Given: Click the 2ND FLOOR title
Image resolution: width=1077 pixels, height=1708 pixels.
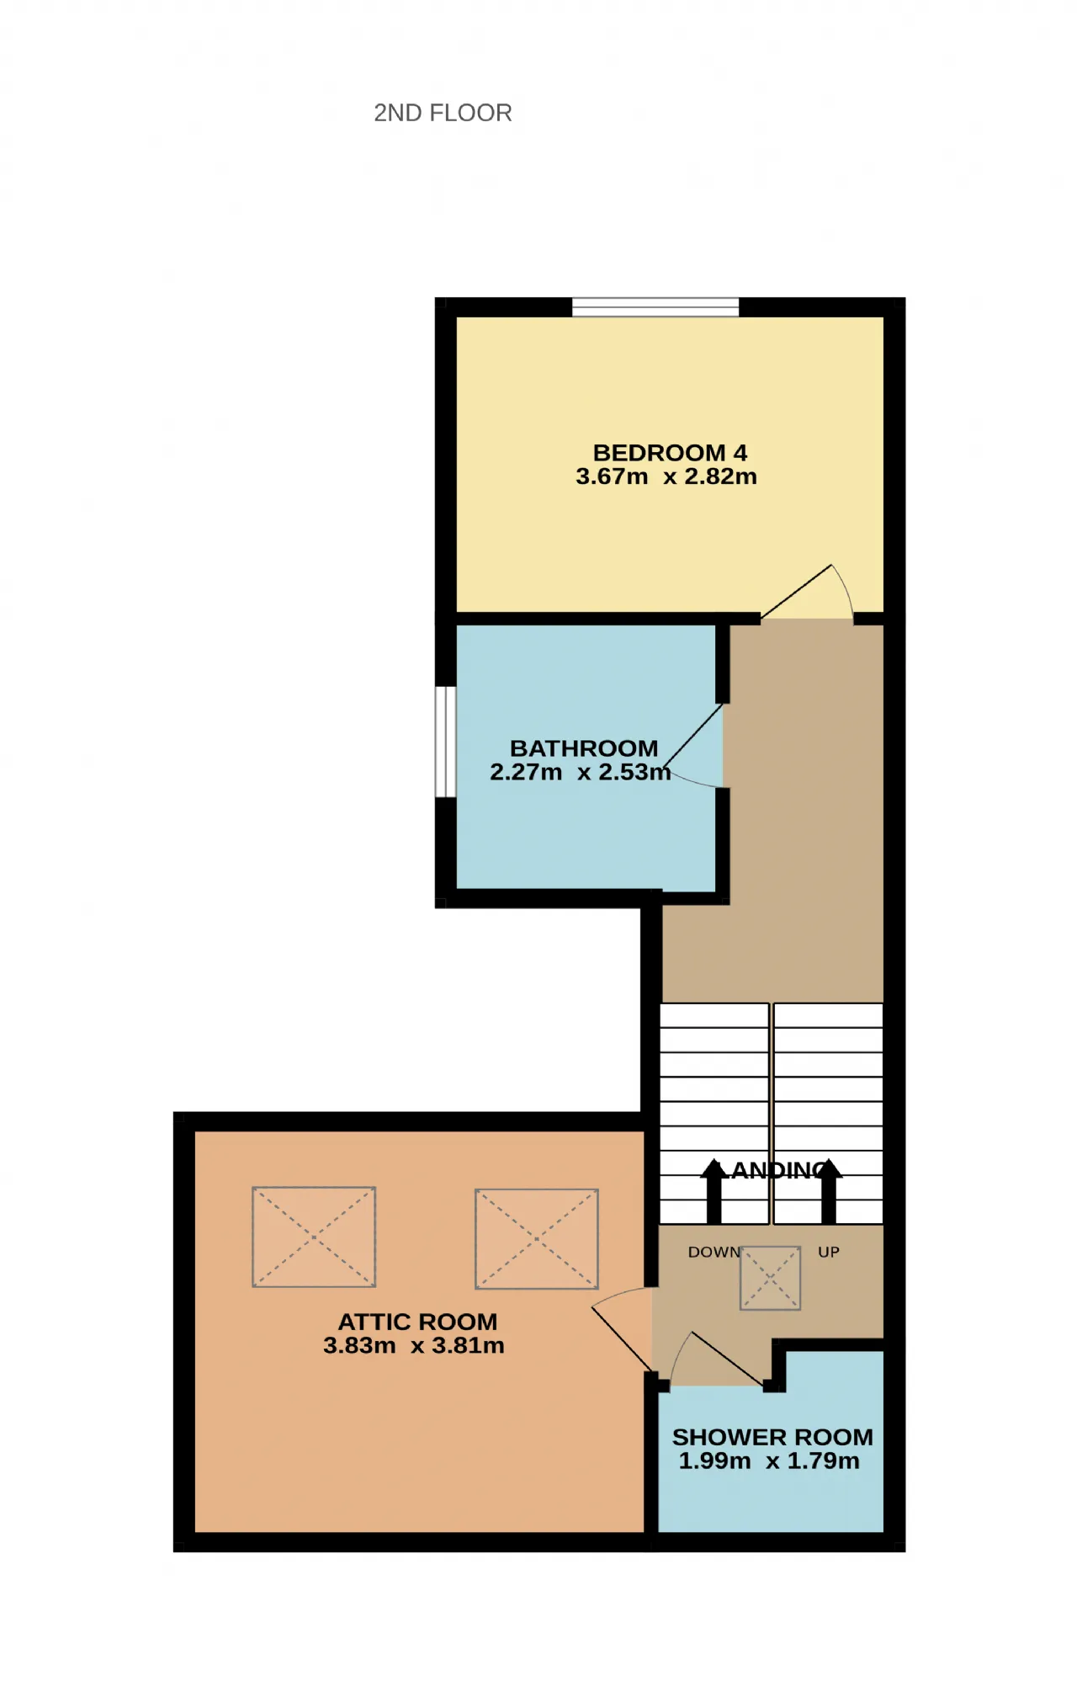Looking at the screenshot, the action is (x=443, y=113).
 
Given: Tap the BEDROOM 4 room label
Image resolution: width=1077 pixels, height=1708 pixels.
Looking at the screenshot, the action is (x=670, y=453).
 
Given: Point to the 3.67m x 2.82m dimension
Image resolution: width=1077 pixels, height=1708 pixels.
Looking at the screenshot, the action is (x=666, y=476).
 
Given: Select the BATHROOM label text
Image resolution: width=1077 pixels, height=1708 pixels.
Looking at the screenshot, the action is (x=584, y=748).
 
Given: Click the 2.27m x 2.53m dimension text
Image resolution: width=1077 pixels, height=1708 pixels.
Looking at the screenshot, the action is (x=581, y=772).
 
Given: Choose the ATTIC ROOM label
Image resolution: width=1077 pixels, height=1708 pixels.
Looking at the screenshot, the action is (x=417, y=1322).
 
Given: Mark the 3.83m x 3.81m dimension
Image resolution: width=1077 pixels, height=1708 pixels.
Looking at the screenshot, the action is (x=414, y=1345).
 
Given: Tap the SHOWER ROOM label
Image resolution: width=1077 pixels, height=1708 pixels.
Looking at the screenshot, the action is (x=772, y=1437).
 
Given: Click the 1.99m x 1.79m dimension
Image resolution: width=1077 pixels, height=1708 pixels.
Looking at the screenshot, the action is (x=769, y=1461).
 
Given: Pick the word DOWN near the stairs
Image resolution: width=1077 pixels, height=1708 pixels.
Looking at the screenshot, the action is (x=714, y=1252).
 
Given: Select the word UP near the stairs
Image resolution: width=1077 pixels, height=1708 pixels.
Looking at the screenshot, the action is (x=829, y=1252).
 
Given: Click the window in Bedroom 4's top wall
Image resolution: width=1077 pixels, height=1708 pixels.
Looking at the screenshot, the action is (x=655, y=306).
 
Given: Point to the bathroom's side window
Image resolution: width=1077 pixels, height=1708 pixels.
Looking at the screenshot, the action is (x=445, y=742).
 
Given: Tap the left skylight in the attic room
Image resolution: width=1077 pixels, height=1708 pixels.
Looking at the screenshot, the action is (x=314, y=1237).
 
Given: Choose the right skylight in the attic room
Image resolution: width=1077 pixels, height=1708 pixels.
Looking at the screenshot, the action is (x=537, y=1238).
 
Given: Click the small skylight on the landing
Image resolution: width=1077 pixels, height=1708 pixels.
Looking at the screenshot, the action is (x=770, y=1278).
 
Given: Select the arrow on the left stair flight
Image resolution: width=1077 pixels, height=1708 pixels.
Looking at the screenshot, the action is (x=714, y=1191).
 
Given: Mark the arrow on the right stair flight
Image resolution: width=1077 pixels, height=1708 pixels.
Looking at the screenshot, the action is (x=829, y=1191).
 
